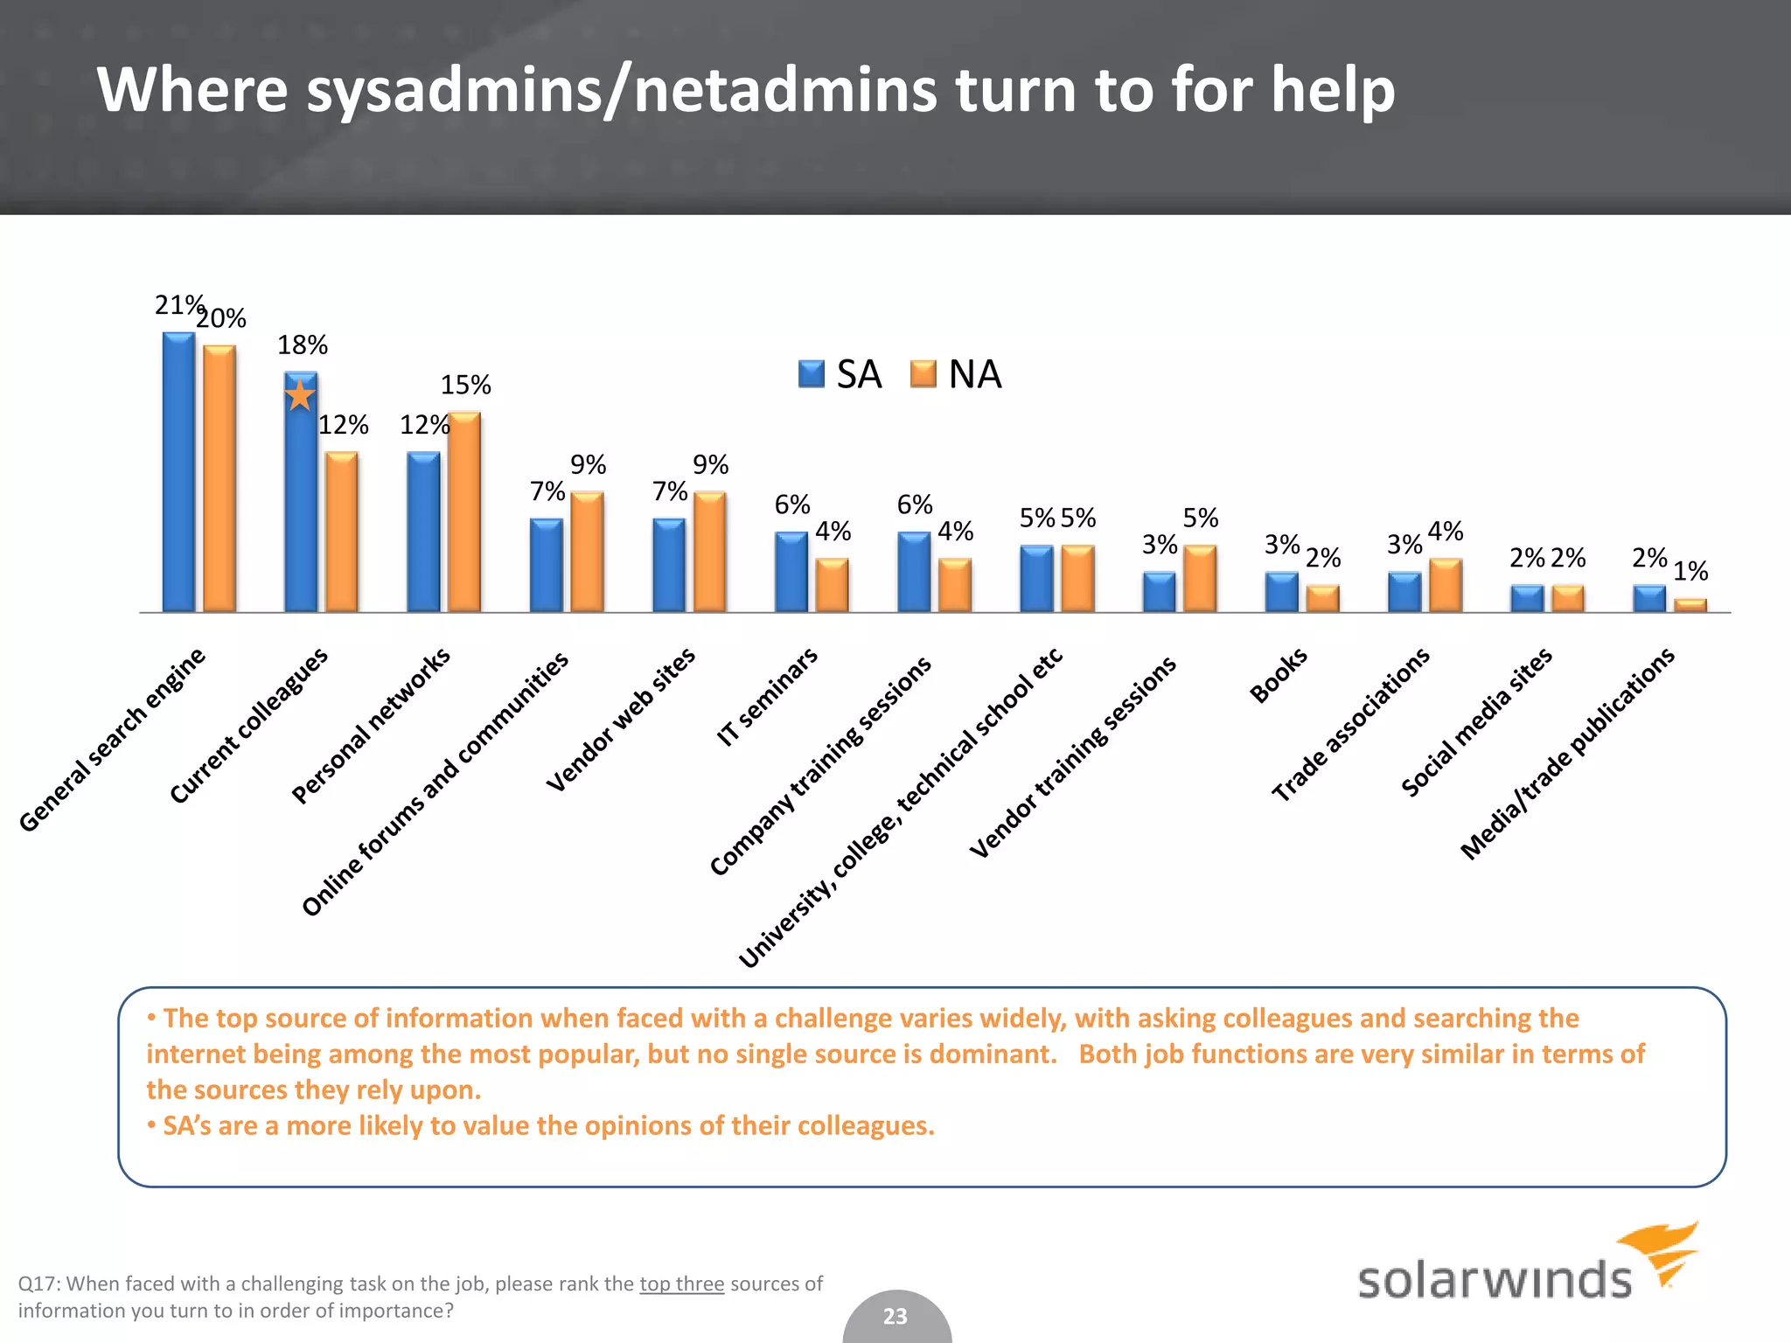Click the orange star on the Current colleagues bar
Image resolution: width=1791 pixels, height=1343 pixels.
tap(300, 395)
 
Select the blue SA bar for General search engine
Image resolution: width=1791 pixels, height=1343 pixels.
tap(178, 472)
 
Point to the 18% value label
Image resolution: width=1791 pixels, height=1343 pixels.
tap(303, 345)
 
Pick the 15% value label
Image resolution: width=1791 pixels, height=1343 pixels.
tap(465, 385)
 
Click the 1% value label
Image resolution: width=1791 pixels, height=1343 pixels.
tap(1690, 572)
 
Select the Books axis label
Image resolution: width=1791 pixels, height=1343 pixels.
tap(1279, 675)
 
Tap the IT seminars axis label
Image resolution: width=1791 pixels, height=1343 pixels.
tap(767, 696)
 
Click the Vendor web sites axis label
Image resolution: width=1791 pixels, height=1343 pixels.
tap(621, 720)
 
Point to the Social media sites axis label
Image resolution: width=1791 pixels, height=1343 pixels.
tap(1476, 722)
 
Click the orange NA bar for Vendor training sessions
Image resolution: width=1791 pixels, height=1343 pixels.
tap(1200, 578)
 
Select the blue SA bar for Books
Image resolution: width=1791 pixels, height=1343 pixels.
tap(1282, 592)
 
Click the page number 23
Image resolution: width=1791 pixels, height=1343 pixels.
tap(895, 1316)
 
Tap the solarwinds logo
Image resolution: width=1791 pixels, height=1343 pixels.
tap(1526, 1268)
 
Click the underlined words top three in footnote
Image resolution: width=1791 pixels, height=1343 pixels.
tap(681, 1284)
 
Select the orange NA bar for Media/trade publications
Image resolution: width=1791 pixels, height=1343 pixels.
tap(1690, 605)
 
